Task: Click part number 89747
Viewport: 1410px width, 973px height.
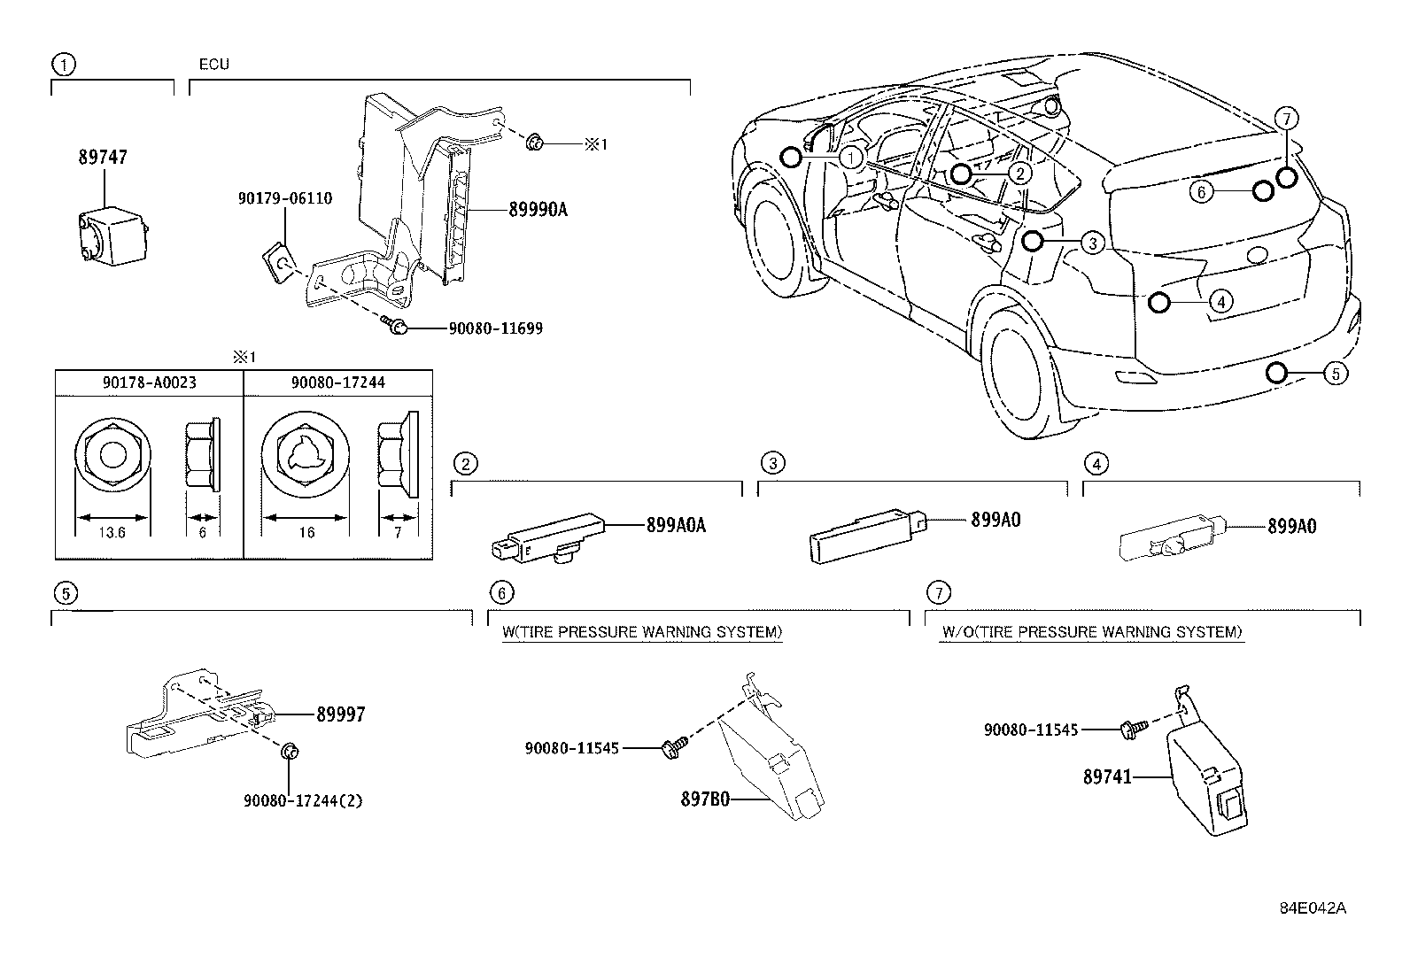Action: coord(103,158)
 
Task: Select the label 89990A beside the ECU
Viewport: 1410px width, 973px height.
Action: coord(538,210)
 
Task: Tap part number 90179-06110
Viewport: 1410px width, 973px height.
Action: coord(284,198)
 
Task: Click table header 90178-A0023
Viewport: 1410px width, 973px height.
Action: coord(149,382)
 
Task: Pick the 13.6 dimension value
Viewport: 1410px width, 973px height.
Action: coord(113,533)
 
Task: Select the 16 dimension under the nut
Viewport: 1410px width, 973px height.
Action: coord(306,533)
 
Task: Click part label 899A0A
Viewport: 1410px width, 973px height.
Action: coord(676,525)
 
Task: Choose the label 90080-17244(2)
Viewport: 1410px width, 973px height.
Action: coord(303,800)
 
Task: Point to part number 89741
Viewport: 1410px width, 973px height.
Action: coord(1107,777)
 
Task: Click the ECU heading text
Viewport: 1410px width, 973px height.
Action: coord(214,65)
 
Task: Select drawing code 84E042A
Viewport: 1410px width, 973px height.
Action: coord(1313,908)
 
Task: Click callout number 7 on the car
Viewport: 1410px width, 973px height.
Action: coord(1287,117)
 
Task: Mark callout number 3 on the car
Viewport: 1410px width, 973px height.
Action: coord(1093,243)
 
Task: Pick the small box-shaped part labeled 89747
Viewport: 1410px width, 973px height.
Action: coord(112,236)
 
